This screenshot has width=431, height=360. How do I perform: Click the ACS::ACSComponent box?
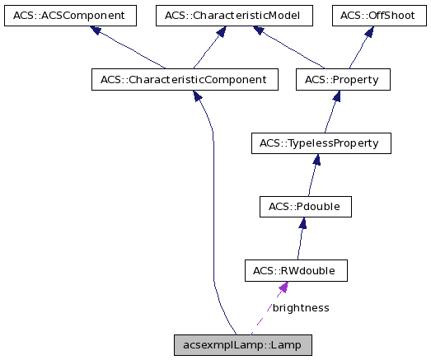[x=68, y=15]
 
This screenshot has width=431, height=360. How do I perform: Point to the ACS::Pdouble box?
[x=305, y=206]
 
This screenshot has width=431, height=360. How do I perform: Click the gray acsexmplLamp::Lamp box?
[x=243, y=345]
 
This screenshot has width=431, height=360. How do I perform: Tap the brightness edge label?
[x=301, y=307]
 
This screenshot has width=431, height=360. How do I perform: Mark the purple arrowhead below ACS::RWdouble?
[x=282, y=288]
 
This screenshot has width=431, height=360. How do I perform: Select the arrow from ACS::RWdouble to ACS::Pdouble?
[x=301, y=238]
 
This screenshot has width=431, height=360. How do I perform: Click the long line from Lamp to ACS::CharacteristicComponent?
[x=213, y=206]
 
